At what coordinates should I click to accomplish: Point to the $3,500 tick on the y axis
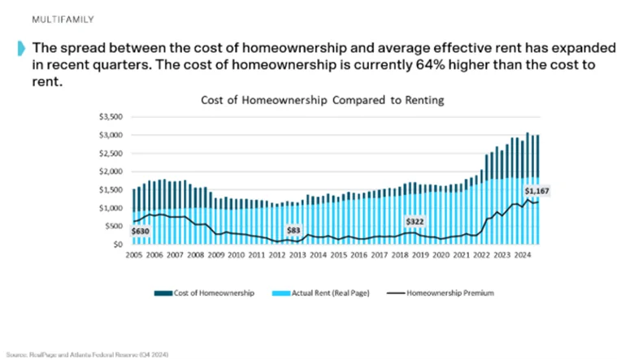(111, 115)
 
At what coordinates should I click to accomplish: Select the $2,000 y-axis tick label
(111, 171)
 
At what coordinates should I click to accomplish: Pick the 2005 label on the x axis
(133, 254)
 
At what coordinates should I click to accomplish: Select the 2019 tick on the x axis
(421, 254)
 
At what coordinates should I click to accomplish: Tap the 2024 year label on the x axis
(524, 254)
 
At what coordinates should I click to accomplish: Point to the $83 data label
(293, 231)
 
